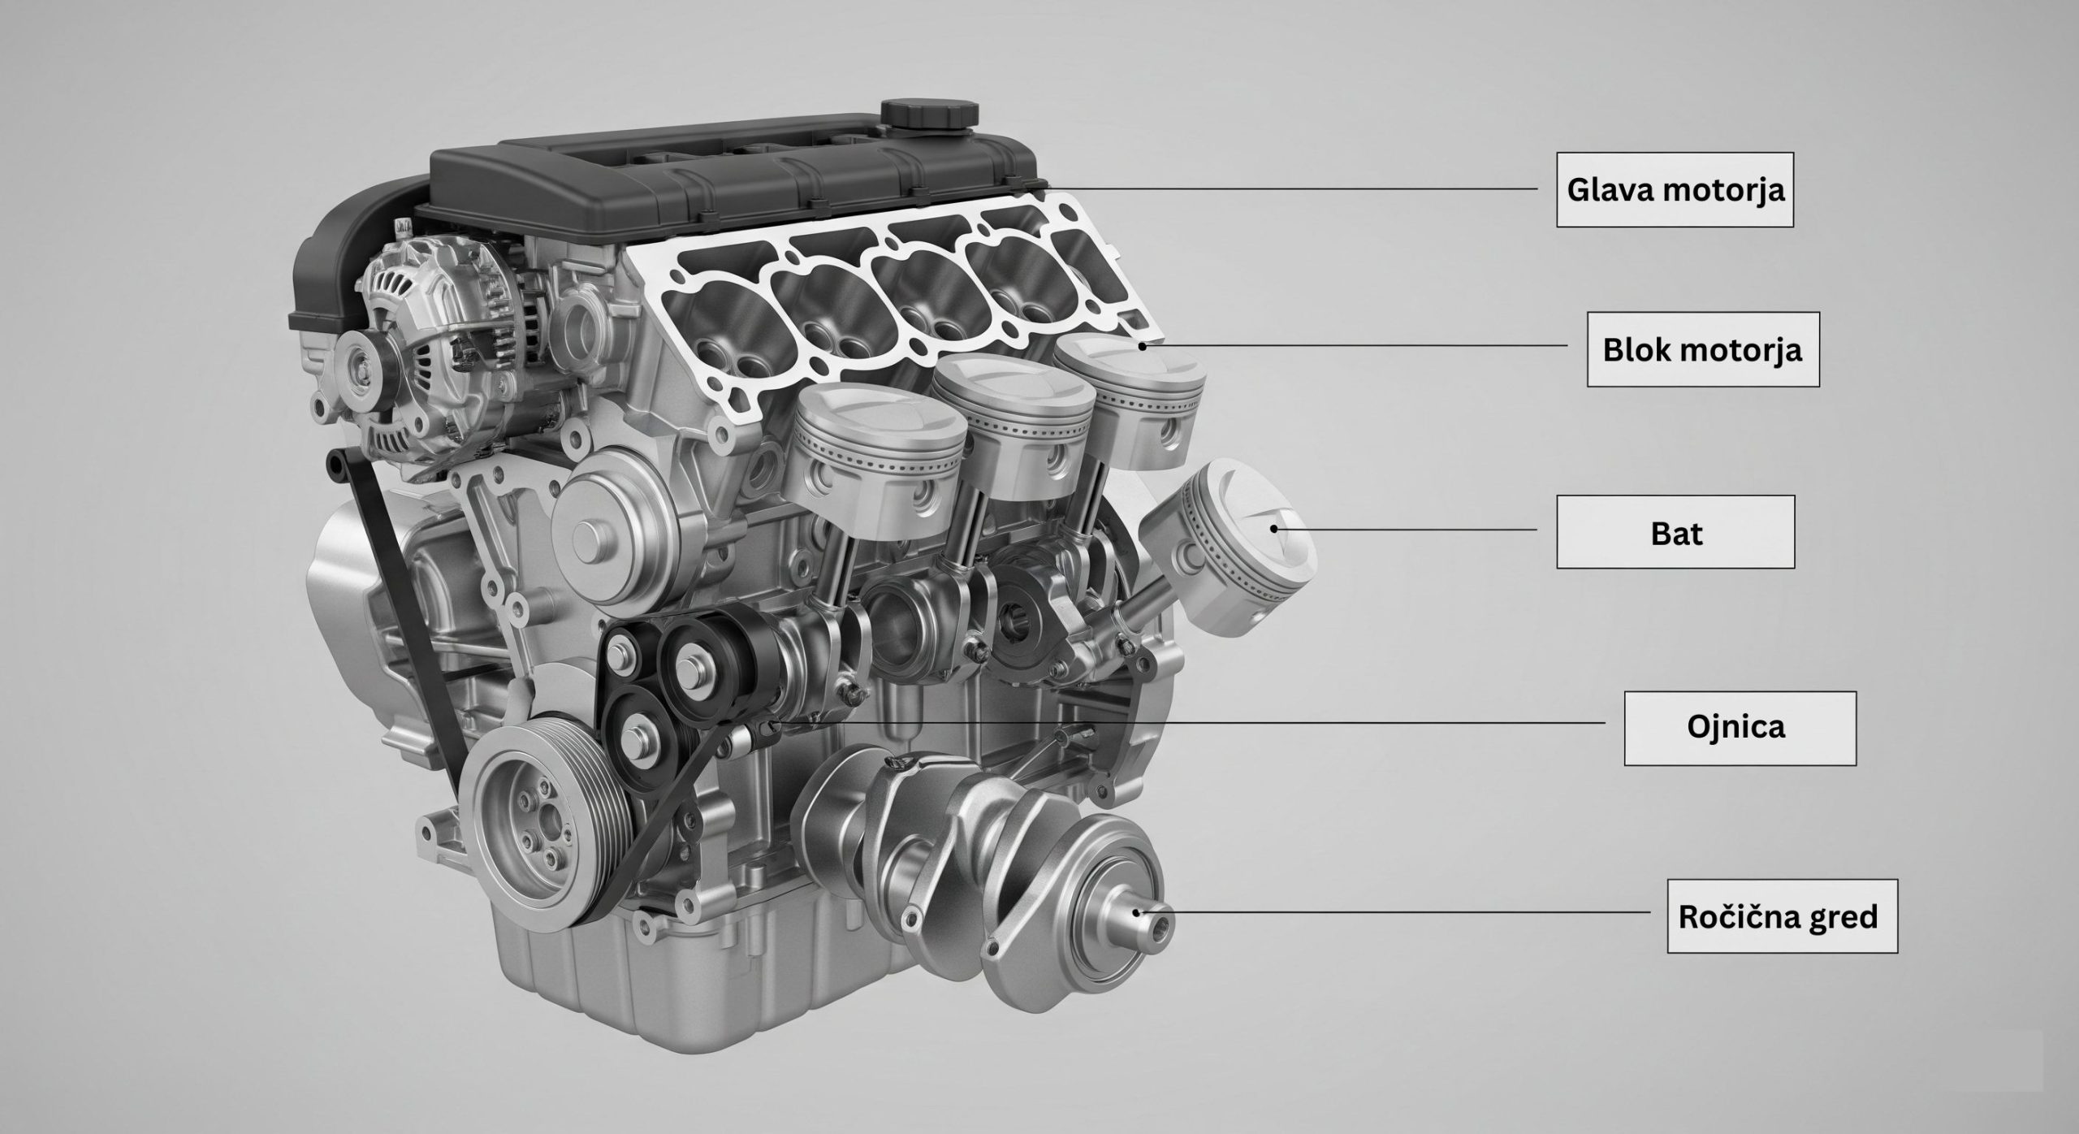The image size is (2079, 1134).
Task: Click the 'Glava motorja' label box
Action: pos(1675,189)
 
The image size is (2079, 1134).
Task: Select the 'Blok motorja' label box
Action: pos(1703,349)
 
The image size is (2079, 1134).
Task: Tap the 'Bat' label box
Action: pos(1675,532)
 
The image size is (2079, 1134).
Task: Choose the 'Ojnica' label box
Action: pos(1740,728)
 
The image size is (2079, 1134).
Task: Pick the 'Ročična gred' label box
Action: pos(1782,916)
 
